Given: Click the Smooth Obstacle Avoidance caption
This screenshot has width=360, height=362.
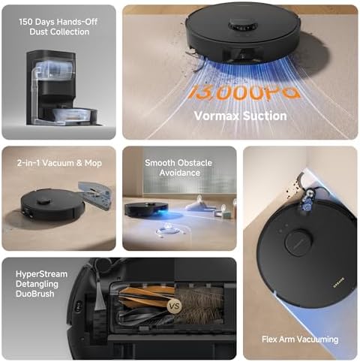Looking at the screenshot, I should [178, 167].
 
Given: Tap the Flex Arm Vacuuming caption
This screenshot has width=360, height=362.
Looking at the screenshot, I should [300, 339].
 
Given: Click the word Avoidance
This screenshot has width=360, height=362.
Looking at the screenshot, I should [179, 172].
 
